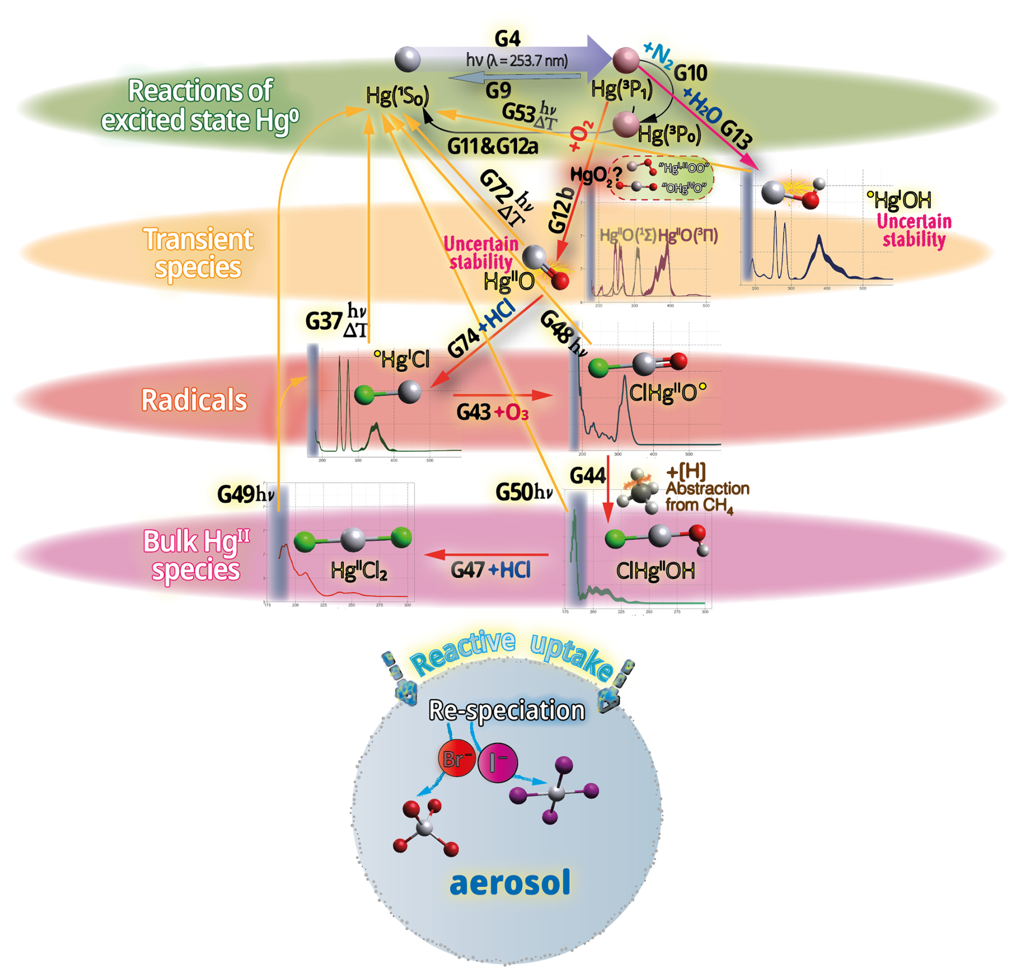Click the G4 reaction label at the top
click(507, 38)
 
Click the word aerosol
click(509, 883)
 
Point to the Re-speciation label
click(506, 710)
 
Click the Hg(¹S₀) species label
click(397, 96)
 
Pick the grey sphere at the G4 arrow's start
click(407, 59)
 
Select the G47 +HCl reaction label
click(491, 570)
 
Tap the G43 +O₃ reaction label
click(492, 412)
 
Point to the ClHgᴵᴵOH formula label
click(655, 571)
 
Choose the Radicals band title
click(194, 400)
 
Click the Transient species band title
click(198, 253)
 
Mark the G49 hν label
click(246, 494)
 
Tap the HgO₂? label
click(596, 175)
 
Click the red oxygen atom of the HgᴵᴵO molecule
click(560, 280)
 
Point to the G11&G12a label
click(492, 147)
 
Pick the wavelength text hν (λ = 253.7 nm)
click(516, 60)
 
